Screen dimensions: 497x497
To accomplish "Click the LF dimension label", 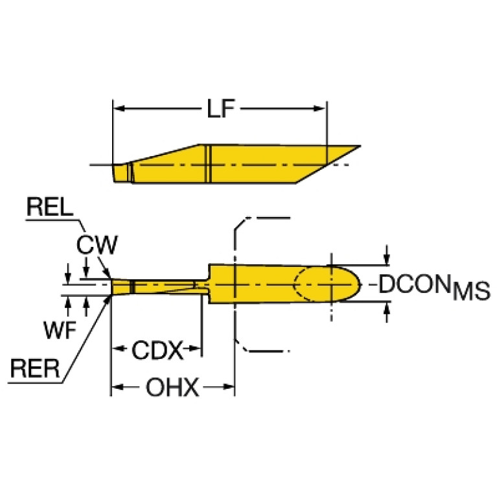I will [220, 109].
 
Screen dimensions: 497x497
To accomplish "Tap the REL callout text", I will [49, 209].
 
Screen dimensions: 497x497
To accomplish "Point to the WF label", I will [60, 330].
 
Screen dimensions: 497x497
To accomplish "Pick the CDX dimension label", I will [157, 351].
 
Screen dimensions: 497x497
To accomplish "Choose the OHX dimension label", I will [172, 388].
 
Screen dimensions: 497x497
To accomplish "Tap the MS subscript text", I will [471, 292].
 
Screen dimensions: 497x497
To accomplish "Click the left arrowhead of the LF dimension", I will [119, 108].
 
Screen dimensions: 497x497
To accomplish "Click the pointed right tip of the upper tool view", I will [358, 147].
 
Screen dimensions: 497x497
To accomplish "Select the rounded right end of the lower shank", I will [355, 284].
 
